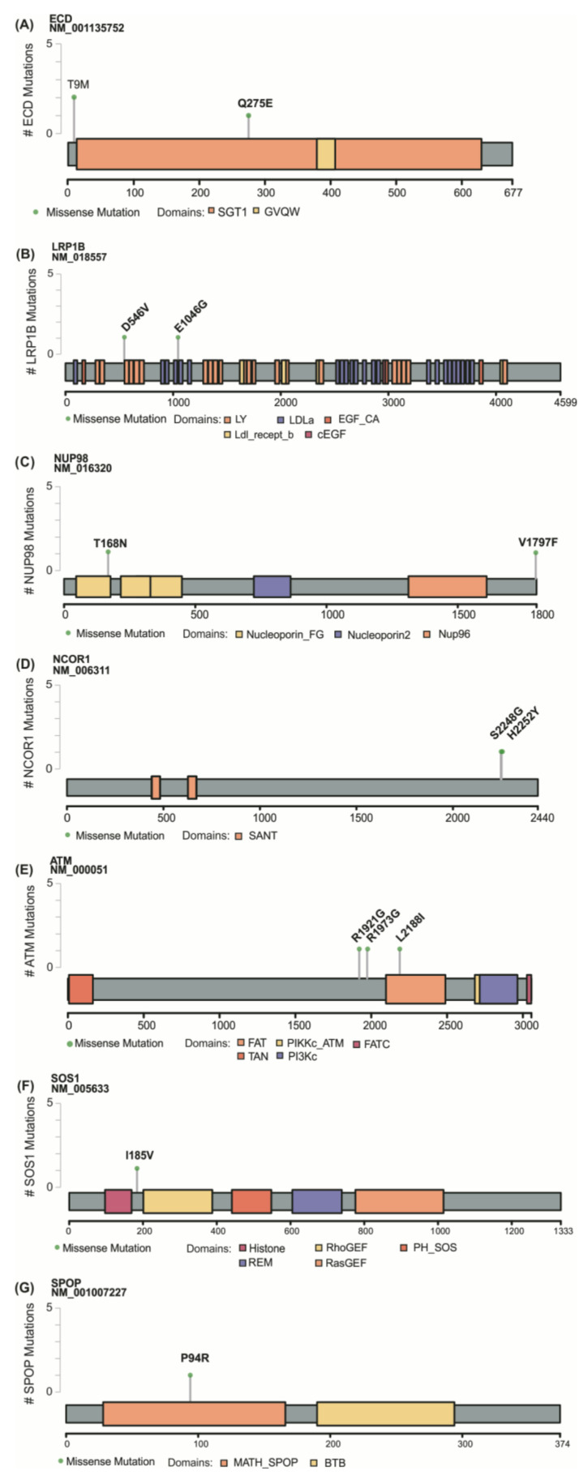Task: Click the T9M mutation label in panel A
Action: coord(78,83)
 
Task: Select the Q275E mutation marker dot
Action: coord(248,116)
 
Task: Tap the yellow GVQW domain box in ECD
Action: coord(325,154)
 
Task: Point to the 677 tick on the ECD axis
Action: coord(512,193)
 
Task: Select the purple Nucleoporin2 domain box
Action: coord(272,587)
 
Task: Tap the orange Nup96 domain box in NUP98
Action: coord(447,587)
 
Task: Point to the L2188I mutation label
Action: coord(410,929)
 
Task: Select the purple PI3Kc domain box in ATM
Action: coord(498,989)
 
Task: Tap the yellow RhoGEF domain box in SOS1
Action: coord(178,1201)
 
